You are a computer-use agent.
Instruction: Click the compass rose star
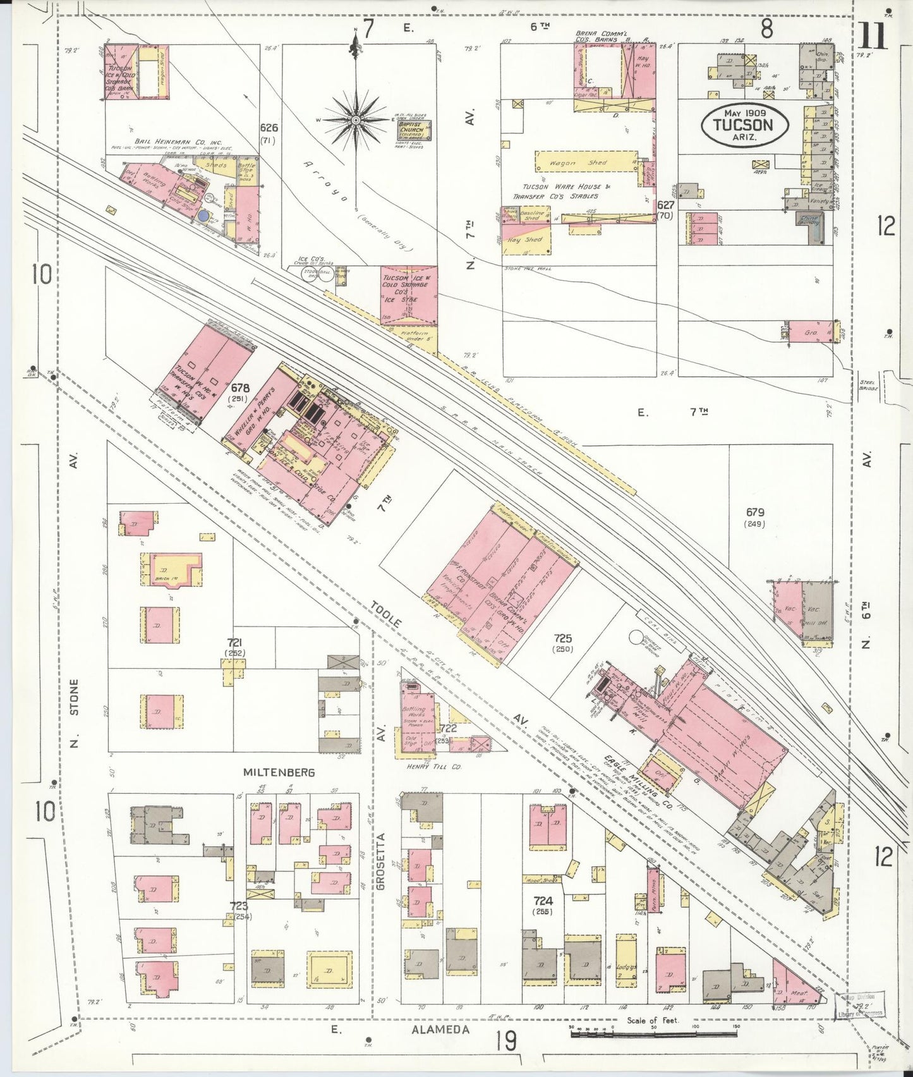[x=356, y=120]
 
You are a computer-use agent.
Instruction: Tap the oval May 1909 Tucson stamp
[x=744, y=124]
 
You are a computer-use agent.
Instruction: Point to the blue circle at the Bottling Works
[x=203, y=216]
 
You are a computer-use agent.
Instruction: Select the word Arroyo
[x=329, y=183]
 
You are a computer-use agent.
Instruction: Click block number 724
[x=543, y=901]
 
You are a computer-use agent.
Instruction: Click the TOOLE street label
[x=387, y=620]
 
